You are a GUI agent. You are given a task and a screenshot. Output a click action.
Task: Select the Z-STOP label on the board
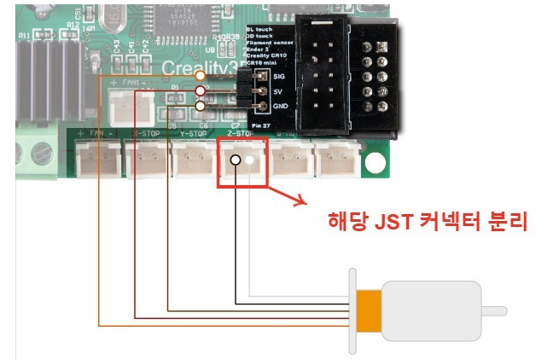242,134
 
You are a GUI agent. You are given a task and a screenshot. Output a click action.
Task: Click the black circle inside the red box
235,160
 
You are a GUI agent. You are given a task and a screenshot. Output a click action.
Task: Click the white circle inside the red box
252,160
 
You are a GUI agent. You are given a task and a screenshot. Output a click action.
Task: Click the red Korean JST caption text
429,221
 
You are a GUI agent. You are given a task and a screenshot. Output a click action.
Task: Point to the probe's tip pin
495,311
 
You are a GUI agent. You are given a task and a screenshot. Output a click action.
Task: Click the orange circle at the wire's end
200,77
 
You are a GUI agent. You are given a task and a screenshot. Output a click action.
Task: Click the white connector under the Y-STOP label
193,158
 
